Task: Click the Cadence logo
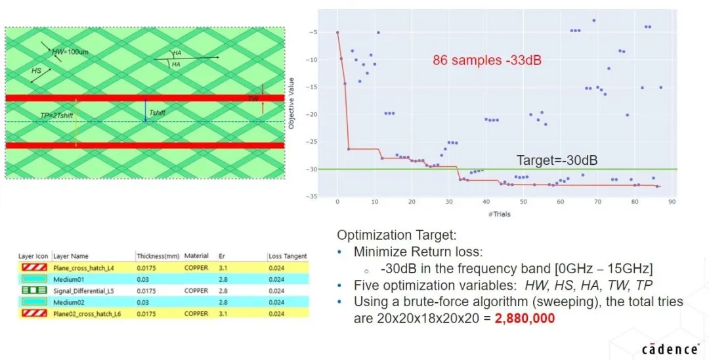[x=669, y=349]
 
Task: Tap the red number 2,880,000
[x=525, y=318]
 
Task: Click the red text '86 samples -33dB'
[x=486, y=60]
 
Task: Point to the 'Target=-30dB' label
[x=557, y=160]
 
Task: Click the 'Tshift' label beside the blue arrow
[x=158, y=113]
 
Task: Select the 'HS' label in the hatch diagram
[x=37, y=70]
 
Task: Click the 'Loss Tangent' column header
[x=287, y=256]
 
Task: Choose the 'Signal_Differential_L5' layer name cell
[x=85, y=290]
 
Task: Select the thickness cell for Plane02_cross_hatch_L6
[x=148, y=313]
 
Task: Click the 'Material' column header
[x=196, y=256]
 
